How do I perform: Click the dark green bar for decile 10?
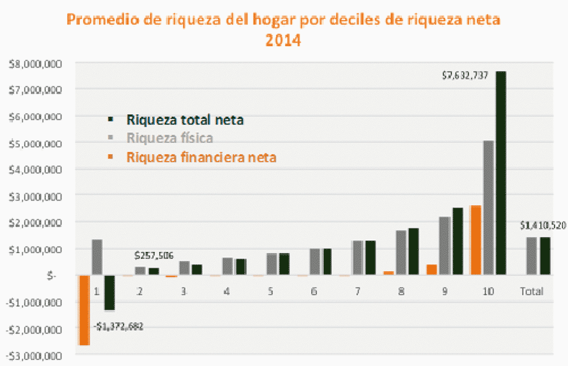point(501,173)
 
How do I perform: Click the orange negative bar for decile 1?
point(84,310)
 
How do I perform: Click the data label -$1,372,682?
point(119,326)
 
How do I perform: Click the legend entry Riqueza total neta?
point(185,119)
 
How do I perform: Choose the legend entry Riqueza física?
point(169,138)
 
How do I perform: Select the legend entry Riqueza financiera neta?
point(201,157)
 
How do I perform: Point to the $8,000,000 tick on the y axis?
point(35,64)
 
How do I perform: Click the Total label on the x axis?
point(532,292)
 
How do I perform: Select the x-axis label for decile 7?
point(357,292)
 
